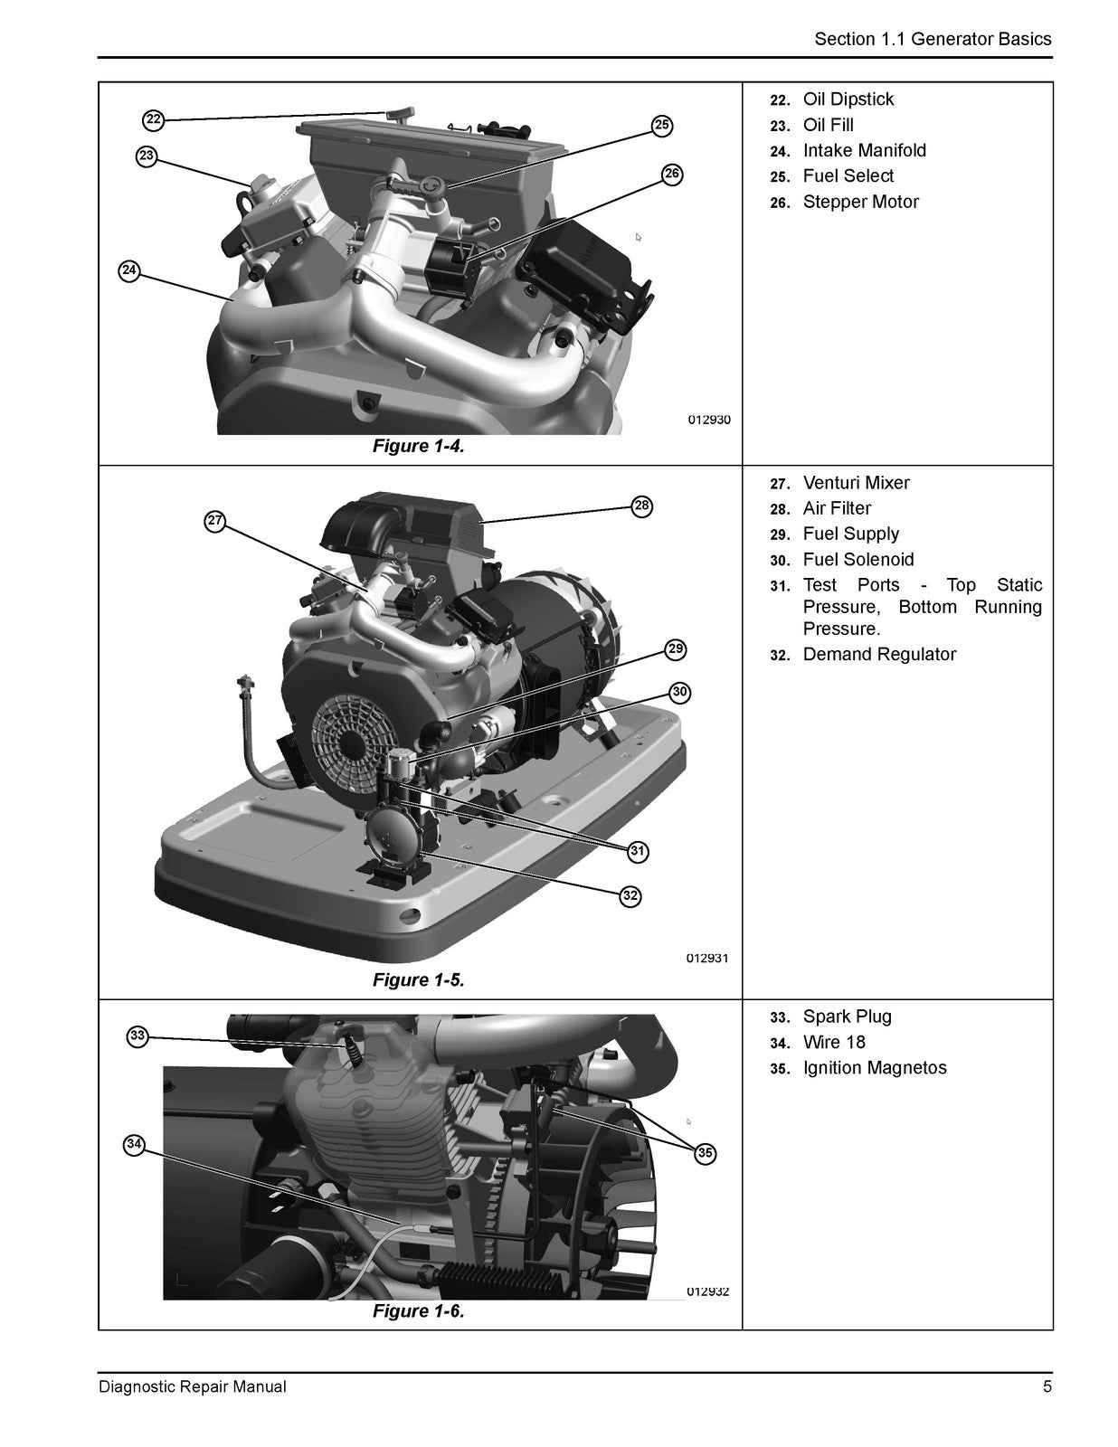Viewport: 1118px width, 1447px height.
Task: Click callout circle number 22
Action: (x=153, y=120)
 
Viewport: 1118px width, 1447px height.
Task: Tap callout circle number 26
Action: (x=673, y=175)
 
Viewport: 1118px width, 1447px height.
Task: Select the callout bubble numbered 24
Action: (x=129, y=270)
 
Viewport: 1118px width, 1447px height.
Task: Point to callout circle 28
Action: (x=642, y=506)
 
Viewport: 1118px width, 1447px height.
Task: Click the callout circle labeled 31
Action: (x=638, y=851)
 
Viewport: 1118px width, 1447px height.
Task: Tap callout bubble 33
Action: (x=137, y=1036)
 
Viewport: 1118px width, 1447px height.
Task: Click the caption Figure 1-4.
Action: (x=418, y=446)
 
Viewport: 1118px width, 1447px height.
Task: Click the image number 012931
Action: (x=708, y=959)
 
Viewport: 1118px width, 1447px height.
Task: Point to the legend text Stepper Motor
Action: (x=860, y=202)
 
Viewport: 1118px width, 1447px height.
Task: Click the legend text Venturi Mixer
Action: (x=856, y=483)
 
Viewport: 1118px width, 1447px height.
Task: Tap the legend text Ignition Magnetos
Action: (x=875, y=1068)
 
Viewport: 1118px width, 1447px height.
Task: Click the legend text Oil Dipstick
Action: (x=848, y=99)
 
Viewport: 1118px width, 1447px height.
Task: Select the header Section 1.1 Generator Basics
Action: (x=933, y=39)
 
